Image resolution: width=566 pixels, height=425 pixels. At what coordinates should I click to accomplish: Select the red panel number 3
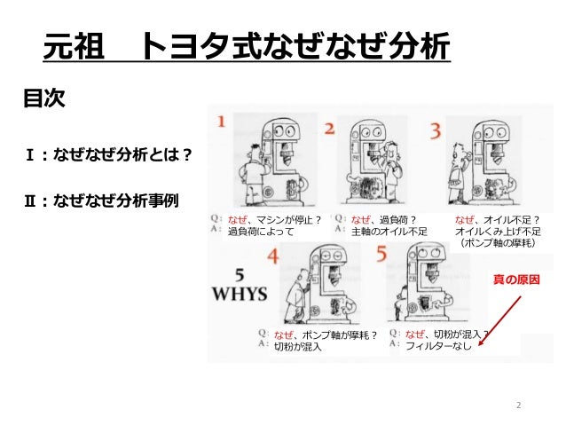click(x=436, y=130)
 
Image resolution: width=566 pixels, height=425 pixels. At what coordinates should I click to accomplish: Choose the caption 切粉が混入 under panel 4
click(x=298, y=347)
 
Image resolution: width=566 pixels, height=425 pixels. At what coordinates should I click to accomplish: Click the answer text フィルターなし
click(x=438, y=347)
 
